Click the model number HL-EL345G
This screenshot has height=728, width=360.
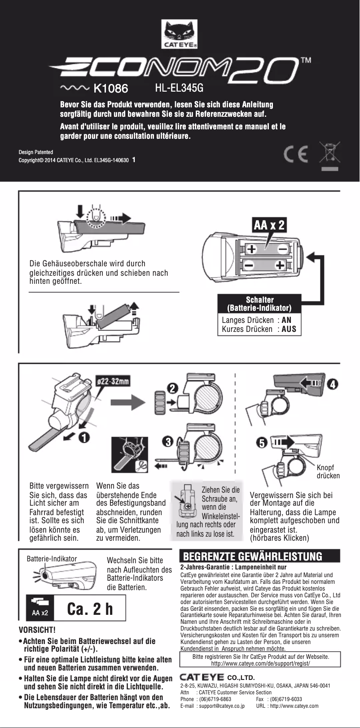tap(179, 88)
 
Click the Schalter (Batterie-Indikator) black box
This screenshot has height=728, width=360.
tap(259, 304)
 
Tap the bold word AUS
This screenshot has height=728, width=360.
tap(289, 329)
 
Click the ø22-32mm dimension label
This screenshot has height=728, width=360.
tap(114, 381)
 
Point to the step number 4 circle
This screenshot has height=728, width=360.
tap(333, 384)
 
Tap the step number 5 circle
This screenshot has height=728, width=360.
tap(260, 443)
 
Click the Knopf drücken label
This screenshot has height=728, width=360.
tap(328, 472)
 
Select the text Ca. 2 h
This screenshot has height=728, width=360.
tap(90, 609)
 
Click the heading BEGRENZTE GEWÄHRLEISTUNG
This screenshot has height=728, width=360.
tap(253, 557)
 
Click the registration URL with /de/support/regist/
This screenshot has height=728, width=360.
tap(260, 663)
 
